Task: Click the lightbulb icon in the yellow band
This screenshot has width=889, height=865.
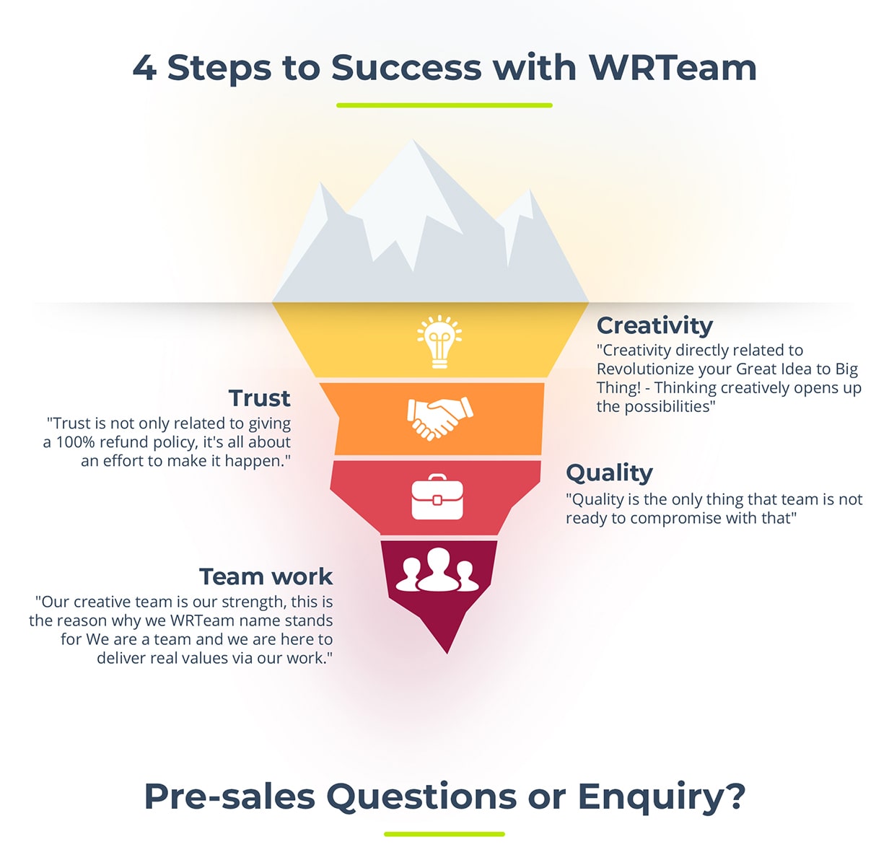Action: pyautogui.click(x=439, y=341)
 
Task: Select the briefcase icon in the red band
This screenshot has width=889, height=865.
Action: pyautogui.click(x=437, y=496)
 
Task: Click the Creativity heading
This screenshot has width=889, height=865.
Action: pyautogui.click(x=654, y=326)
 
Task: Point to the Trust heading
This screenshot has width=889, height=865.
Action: pyautogui.click(x=259, y=398)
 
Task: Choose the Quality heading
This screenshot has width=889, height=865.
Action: pyautogui.click(x=609, y=473)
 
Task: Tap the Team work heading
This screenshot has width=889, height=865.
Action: pyautogui.click(x=266, y=576)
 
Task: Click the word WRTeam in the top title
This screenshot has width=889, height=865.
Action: pyautogui.click(x=673, y=68)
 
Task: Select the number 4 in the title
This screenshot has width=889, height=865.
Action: pyautogui.click(x=145, y=68)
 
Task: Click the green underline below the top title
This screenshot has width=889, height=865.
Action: pyautogui.click(x=444, y=105)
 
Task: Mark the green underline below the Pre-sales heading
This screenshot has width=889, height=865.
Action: pyautogui.click(x=444, y=834)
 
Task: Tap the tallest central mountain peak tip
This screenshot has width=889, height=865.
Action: pyautogui.click(x=413, y=139)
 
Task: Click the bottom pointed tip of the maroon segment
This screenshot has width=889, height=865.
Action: pyautogui.click(x=447, y=654)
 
